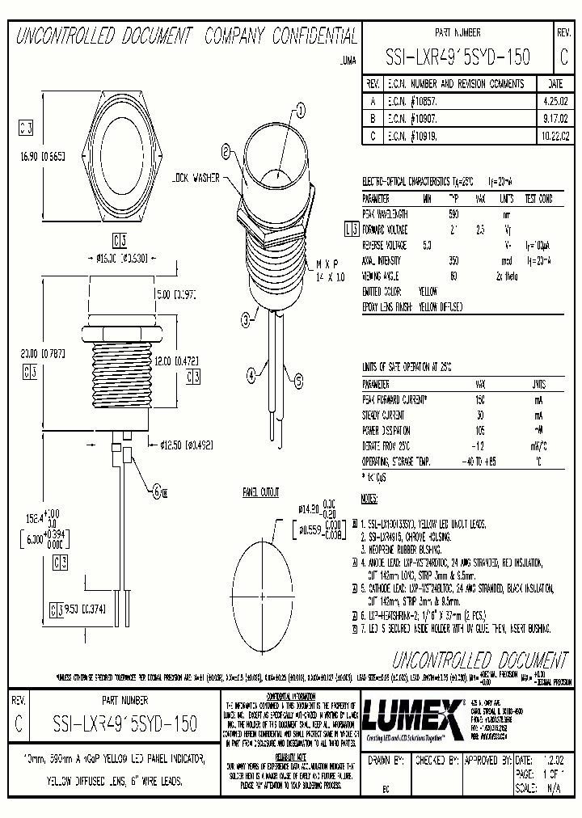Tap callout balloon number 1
point(300,111)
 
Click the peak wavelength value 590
point(453,214)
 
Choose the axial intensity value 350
point(453,260)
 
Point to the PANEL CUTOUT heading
point(259,491)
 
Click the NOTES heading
point(369,498)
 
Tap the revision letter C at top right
point(563,57)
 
